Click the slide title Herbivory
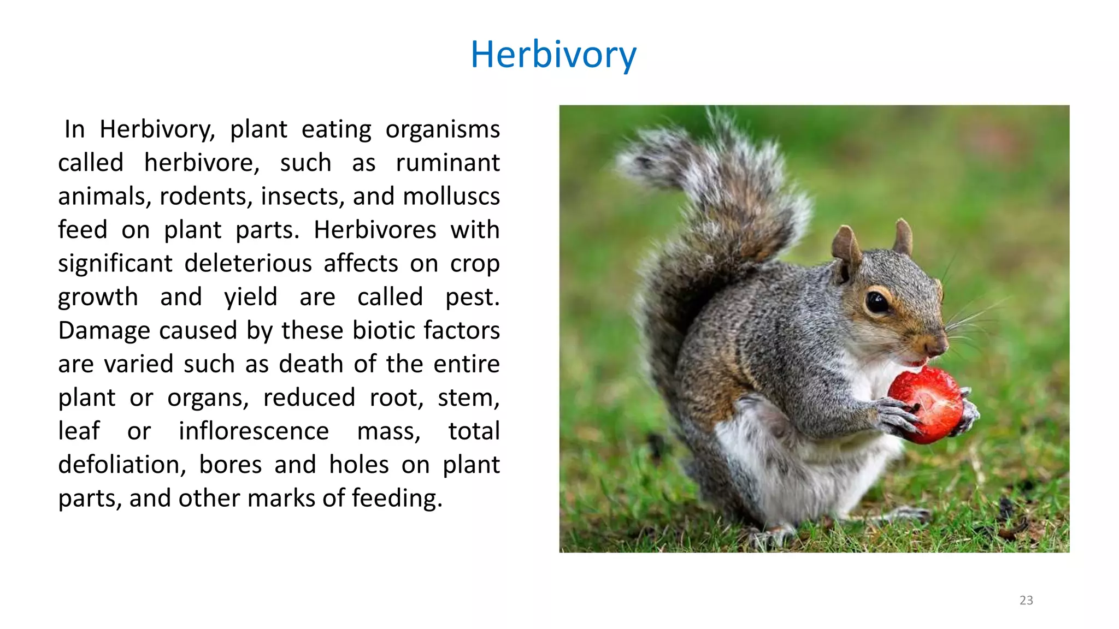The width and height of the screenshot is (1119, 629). [553, 55]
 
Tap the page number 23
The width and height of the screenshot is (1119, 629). [1026, 600]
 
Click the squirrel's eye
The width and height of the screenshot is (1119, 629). [877, 301]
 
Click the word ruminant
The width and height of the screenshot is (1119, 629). [447, 163]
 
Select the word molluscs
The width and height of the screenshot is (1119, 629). [451, 197]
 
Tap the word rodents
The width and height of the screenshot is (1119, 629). [206, 197]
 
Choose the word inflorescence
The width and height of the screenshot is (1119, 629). [254, 431]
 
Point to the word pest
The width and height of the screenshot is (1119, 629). [472, 298]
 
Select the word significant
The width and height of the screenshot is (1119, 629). [115, 264]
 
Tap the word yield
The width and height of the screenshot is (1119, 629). [250, 298]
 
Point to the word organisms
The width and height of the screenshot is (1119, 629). [442, 130]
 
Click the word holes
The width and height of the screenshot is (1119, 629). [358, 465]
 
